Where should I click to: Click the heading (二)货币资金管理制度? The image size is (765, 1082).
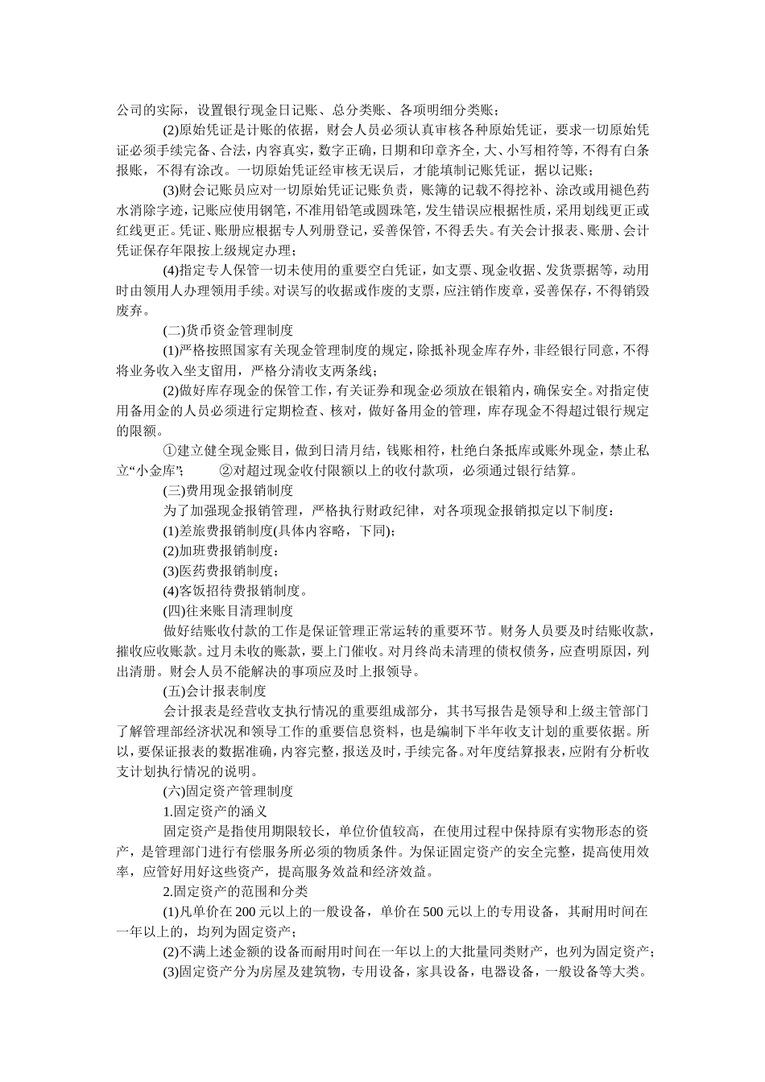coord(228,330)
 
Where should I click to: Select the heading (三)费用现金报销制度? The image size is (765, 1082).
coord(228,489)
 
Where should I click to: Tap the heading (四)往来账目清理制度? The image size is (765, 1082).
coord(228,610)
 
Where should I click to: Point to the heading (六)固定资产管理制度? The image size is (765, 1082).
coord(228,791)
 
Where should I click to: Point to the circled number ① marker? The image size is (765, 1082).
coord(170,450)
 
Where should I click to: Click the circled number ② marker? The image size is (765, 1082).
coord(225,470)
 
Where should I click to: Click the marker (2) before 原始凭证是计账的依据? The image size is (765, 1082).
coord(171,130)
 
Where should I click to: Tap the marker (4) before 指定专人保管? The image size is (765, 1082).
coord(171,270)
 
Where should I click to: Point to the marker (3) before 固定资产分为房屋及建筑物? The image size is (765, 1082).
coord(171,971)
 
